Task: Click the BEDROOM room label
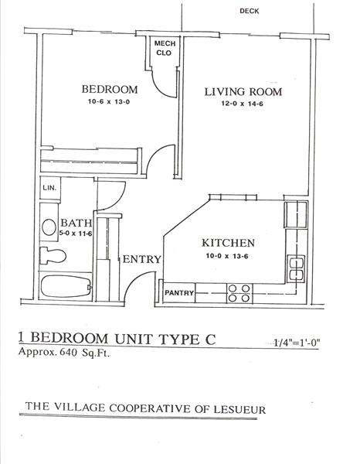(110, 90)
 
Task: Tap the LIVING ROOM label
(243, 91)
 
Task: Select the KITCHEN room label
(228, 243)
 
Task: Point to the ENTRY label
(142, 259)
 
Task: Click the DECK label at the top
(250, 12)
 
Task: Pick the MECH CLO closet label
(165, 48)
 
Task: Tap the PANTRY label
(179, 293)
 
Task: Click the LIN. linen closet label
(49, 188)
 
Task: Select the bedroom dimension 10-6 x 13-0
(110, 102)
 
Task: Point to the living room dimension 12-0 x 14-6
(243, 104)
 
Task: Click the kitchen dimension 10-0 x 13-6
(227, 256)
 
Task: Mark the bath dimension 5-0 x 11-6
(76, 234)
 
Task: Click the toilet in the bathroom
(53, 256)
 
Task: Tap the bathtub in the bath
(66, 286)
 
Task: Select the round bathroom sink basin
(49, 227)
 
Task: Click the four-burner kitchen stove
(239, 293)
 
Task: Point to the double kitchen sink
(296, 269)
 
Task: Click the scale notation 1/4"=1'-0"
(297, 343)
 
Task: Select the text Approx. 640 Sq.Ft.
(64, 352)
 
